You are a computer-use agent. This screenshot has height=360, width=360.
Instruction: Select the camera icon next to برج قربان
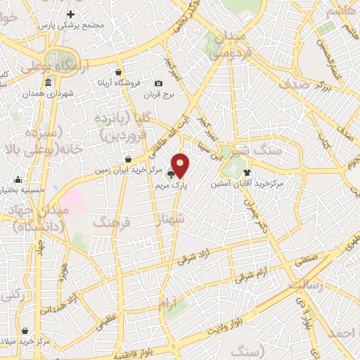[x=159, y=84]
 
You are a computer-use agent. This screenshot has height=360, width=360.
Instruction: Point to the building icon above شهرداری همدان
[x=48, y=84]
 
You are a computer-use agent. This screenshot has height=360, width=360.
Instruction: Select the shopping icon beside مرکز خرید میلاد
[x=25, y=330]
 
